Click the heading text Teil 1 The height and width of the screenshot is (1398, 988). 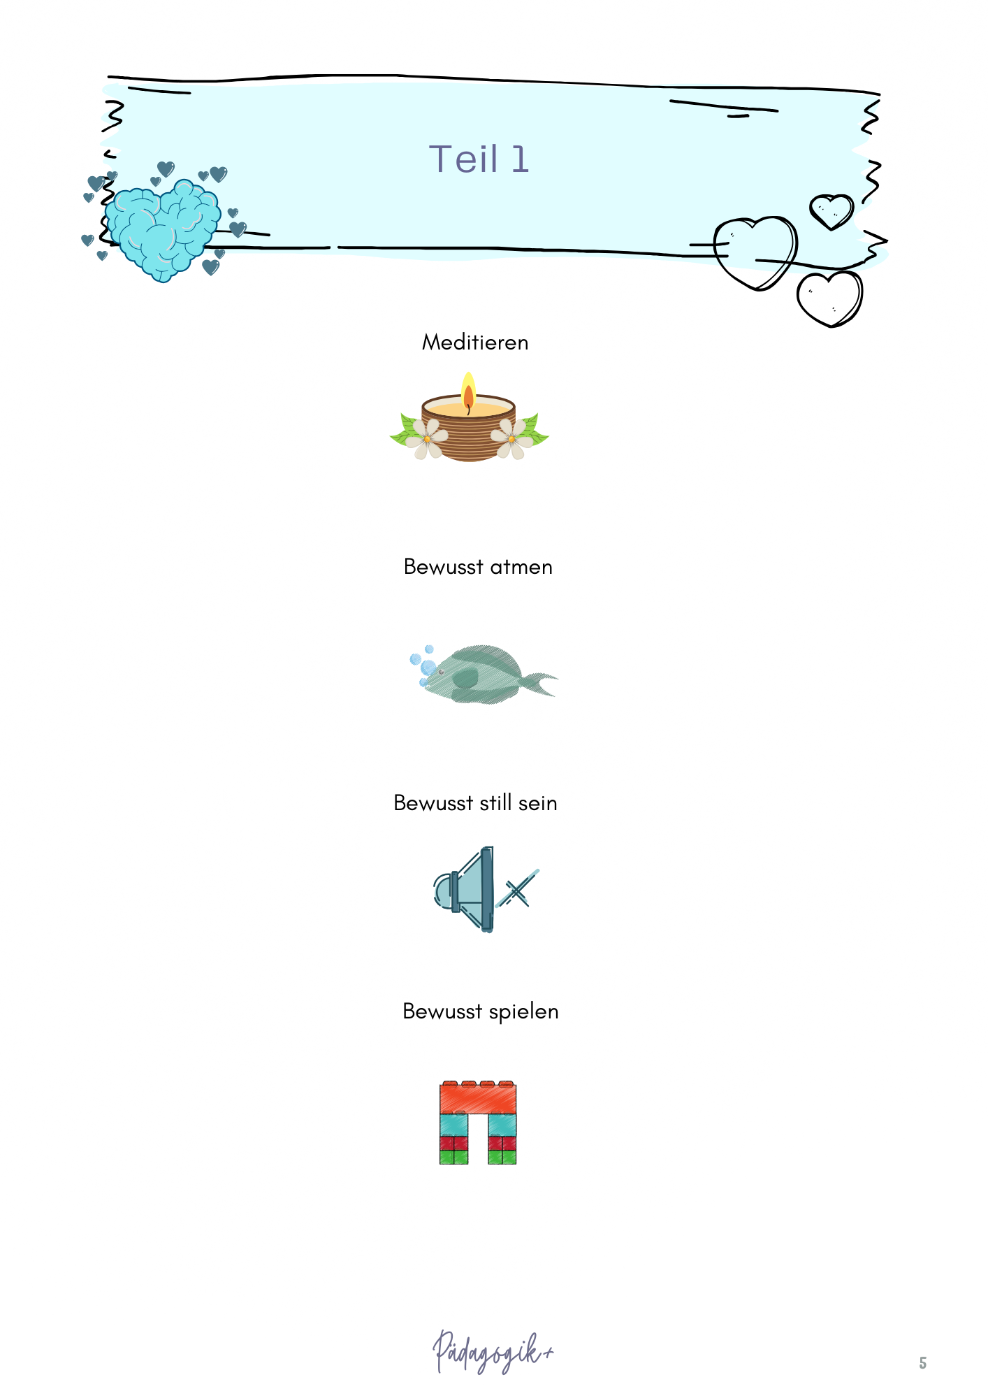[479, 159]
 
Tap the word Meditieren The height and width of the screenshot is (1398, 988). [475, 342]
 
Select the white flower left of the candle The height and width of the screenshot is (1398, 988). [426, 439]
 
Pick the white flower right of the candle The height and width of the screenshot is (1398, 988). [511, 439]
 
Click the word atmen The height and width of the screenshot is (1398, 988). [521, 567]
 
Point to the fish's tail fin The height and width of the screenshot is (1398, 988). [541, 683]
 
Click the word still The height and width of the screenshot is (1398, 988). [495, 802]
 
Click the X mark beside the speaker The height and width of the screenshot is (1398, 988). [517, 889]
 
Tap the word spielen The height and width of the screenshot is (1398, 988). [523, 1012]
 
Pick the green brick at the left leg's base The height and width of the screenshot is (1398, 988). [453, 1157]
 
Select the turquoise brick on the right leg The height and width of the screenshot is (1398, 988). [502, 1125]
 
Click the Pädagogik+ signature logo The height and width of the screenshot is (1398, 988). [493, 1352]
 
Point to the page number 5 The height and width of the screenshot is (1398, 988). [922, 1363]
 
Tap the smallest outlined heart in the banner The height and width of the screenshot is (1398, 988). [831, 212]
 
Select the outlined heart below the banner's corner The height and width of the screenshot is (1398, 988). [829, 298]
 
